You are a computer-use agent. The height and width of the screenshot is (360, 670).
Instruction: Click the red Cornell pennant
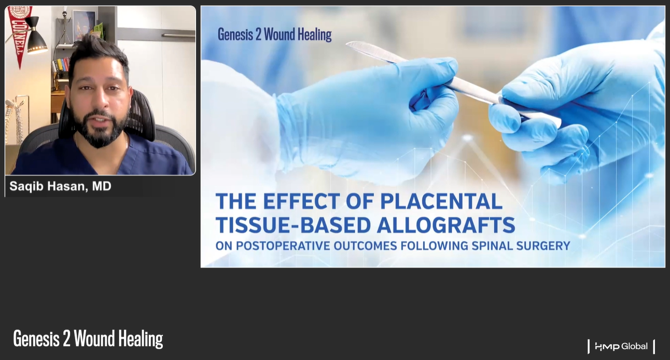pos(19,33)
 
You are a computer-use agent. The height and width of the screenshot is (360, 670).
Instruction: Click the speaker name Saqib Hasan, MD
pos(61,186)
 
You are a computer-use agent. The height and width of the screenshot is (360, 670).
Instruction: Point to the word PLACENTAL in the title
pos(441,201)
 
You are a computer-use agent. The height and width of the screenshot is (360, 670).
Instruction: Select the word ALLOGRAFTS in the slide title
pos(446,225)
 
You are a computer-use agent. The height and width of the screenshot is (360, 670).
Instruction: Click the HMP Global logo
pos(621,347)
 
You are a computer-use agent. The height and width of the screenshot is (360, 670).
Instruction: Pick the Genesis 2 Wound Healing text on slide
pos(274,35)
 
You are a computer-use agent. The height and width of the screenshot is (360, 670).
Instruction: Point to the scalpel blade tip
pos(347,44)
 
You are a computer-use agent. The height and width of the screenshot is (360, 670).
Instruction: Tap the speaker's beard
pos(99,129)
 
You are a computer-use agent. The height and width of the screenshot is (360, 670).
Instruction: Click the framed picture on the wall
pos(85,25)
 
